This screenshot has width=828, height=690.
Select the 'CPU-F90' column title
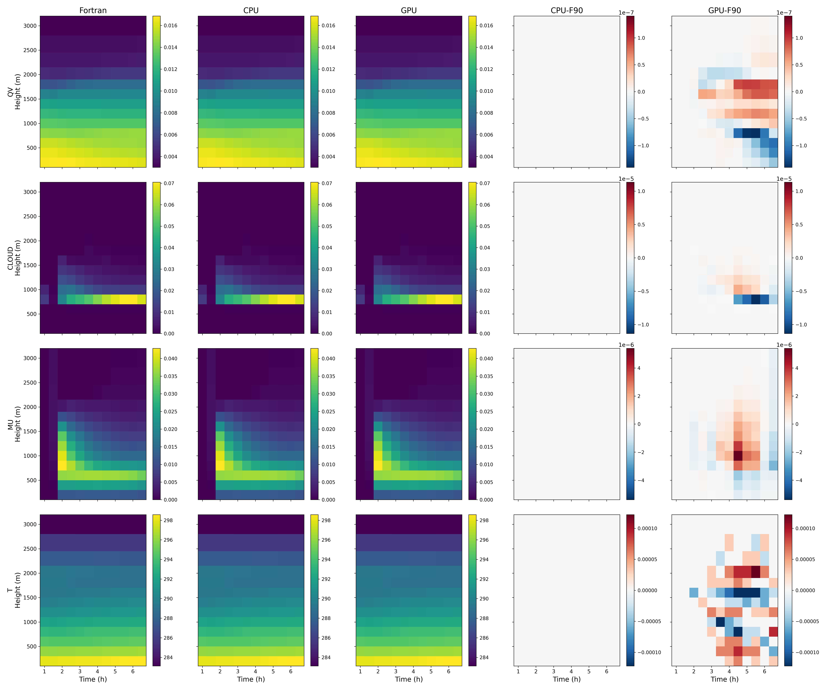click(x=567, y=10)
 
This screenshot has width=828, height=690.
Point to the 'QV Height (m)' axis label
click(x=14, y=91)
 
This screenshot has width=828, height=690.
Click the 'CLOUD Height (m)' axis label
click(x=14, y=258)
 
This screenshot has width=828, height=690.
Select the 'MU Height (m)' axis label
click(x=14, y=424)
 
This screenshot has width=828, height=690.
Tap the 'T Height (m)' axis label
click(x=14, y=590)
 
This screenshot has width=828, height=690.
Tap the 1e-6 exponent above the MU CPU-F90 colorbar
click(x=626, y=345)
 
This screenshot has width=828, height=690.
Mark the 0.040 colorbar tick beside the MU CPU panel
click(x=328, y=358)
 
